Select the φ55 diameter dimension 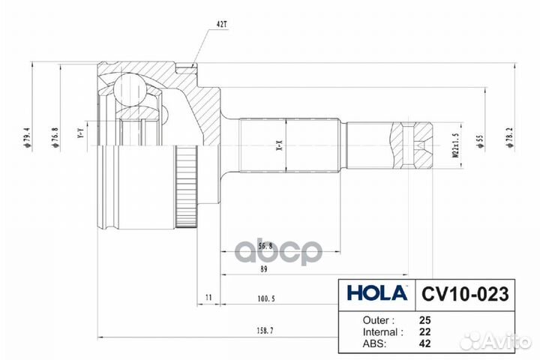479,139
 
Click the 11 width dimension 208,298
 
